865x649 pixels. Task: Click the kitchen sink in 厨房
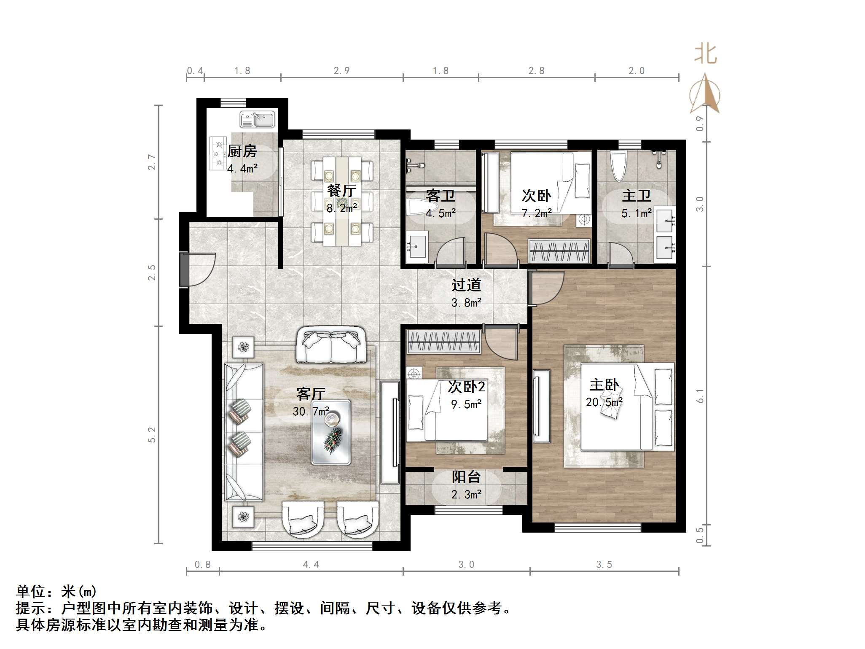point(257,119)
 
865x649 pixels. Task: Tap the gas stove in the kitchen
point(218,153)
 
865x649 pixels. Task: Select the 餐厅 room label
point(341,191)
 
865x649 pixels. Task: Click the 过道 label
point(466,285)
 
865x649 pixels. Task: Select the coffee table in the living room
point(331,432)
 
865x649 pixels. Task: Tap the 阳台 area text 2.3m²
point(466,495)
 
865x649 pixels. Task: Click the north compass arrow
point(705,94)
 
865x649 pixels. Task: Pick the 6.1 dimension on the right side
point(700,396)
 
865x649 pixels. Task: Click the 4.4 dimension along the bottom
point(311,564)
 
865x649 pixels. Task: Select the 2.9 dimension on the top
point(341,71)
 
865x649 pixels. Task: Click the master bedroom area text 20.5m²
point(604,402)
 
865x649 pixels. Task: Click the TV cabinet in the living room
point(390,432)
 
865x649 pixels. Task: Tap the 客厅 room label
point(311,394)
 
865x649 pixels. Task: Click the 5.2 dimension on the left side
point(152,434)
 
